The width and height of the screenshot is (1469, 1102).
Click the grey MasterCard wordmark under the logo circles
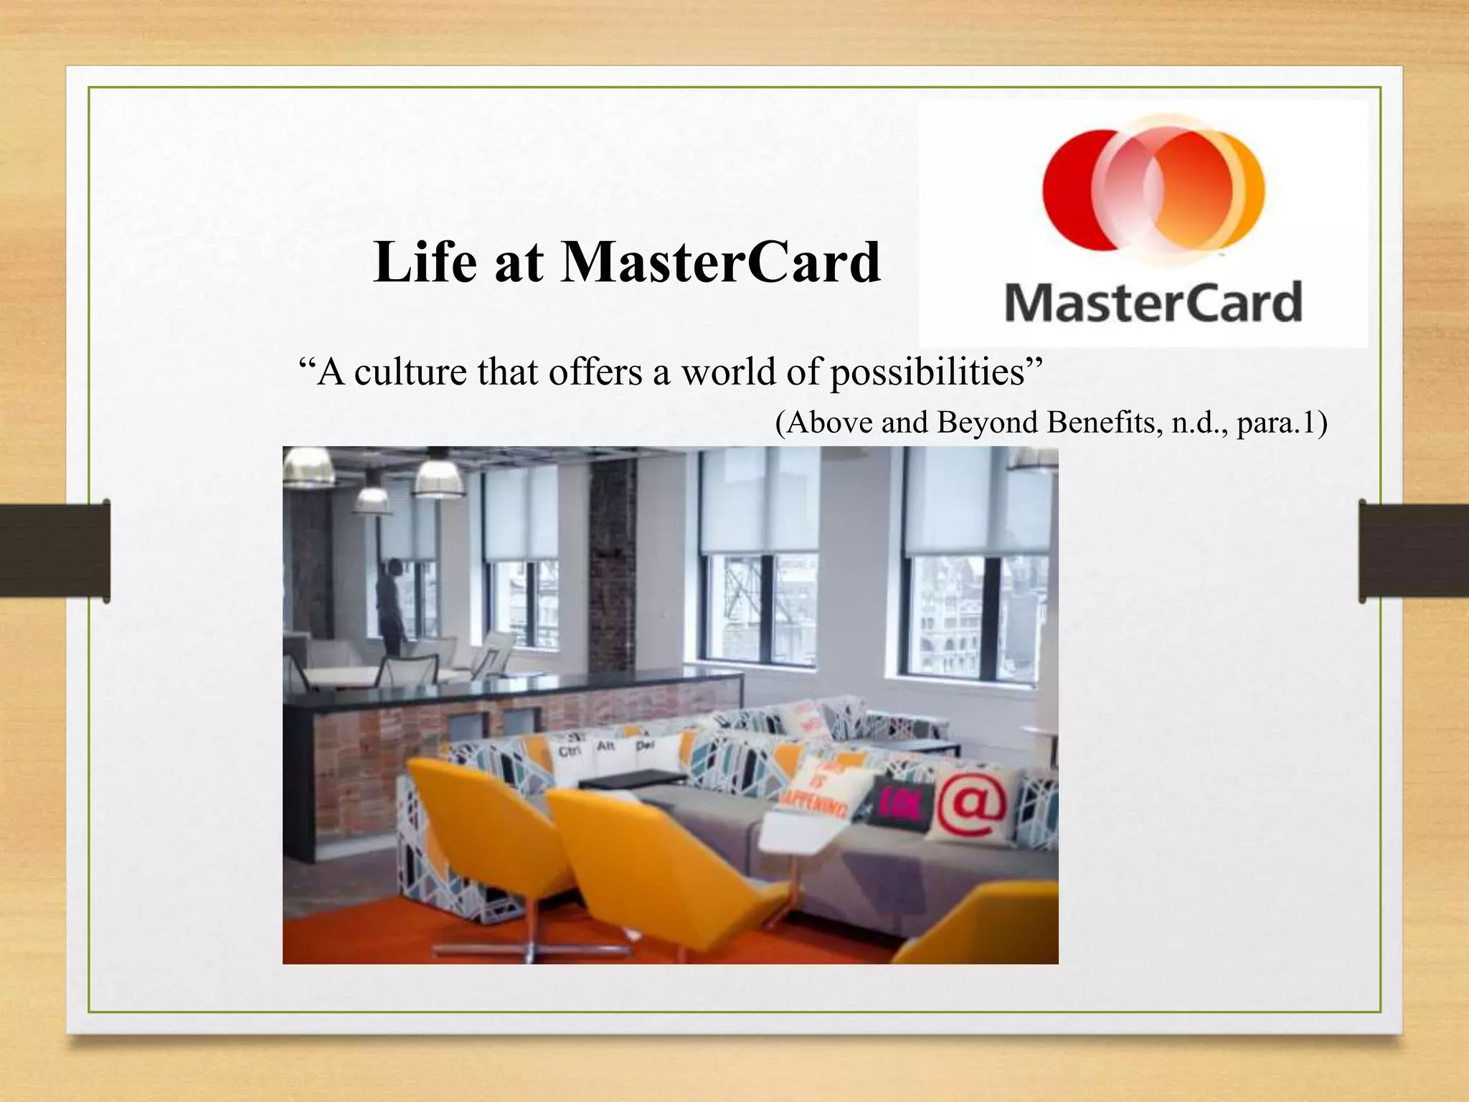pos(1153,303)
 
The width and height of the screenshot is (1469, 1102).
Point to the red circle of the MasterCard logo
pos(1076,190)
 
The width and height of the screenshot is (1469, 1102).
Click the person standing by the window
pos(390,606)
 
